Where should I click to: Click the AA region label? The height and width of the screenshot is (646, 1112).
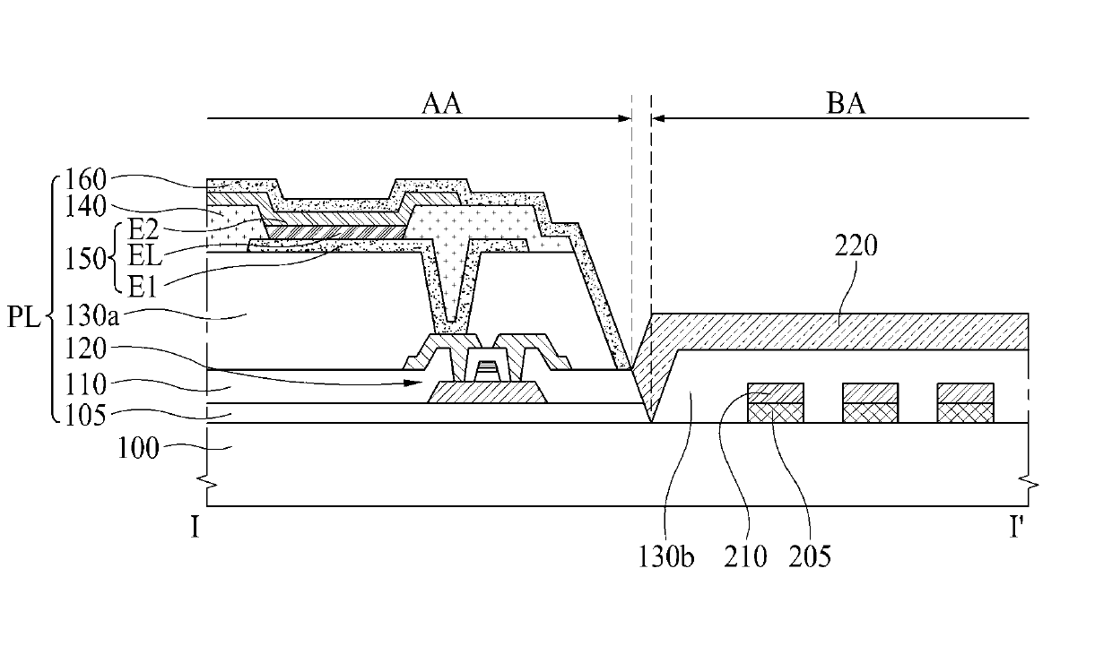[441, 104]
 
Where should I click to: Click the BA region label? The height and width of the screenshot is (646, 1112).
[846, 104]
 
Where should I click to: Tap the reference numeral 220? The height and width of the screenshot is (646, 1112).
[856, 245]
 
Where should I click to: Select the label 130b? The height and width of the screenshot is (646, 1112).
[665, 556]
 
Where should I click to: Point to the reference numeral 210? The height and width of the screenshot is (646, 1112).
[745, 556]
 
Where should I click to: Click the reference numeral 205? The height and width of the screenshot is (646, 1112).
[810, 556]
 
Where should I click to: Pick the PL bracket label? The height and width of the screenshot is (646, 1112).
[23, 317]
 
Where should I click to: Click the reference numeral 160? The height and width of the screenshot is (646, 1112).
[86, 179]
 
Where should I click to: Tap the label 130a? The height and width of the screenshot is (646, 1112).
[92, 315]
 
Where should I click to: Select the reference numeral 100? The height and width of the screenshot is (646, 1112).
[137, 449]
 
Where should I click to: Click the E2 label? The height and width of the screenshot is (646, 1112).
[143, 229]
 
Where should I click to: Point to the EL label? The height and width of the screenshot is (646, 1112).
[145, 256]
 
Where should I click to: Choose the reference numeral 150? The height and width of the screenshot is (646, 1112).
[86, 259]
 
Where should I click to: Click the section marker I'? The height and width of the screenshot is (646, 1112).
[1017, 528]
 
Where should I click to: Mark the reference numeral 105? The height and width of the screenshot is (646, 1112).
[86, 415]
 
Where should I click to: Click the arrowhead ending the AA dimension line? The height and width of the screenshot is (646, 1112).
[624, 118]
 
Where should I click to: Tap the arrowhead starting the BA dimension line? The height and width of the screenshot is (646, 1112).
[658, 118]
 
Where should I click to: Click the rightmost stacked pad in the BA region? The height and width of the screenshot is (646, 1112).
[965, 403]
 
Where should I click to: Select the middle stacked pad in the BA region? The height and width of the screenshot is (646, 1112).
[870, 403]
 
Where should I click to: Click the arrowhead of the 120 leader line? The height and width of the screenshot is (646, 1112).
[413, 383]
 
